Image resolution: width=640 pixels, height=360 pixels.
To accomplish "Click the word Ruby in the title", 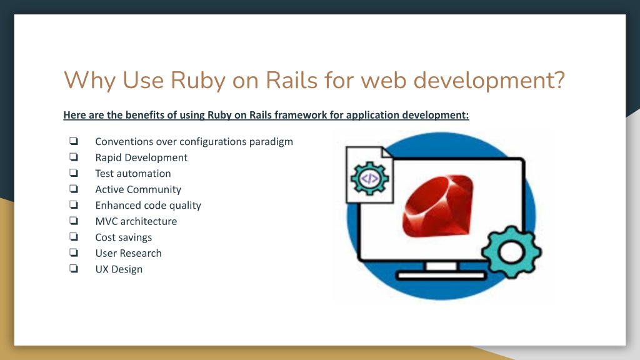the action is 197,81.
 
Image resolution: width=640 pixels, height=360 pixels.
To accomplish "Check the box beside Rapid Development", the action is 74,157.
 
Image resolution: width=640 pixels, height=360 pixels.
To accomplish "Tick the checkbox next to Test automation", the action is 74,172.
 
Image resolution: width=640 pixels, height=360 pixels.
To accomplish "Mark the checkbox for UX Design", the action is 74,268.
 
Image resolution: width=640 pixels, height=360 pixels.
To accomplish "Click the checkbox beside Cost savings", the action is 74,236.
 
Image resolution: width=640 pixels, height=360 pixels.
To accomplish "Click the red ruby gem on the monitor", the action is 438,206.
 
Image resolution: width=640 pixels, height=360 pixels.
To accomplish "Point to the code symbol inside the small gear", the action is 370,178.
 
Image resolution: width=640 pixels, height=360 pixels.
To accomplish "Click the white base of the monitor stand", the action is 441,276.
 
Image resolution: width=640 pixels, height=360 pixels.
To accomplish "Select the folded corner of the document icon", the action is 386,152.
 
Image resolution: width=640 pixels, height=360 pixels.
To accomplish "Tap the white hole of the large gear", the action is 511,252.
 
